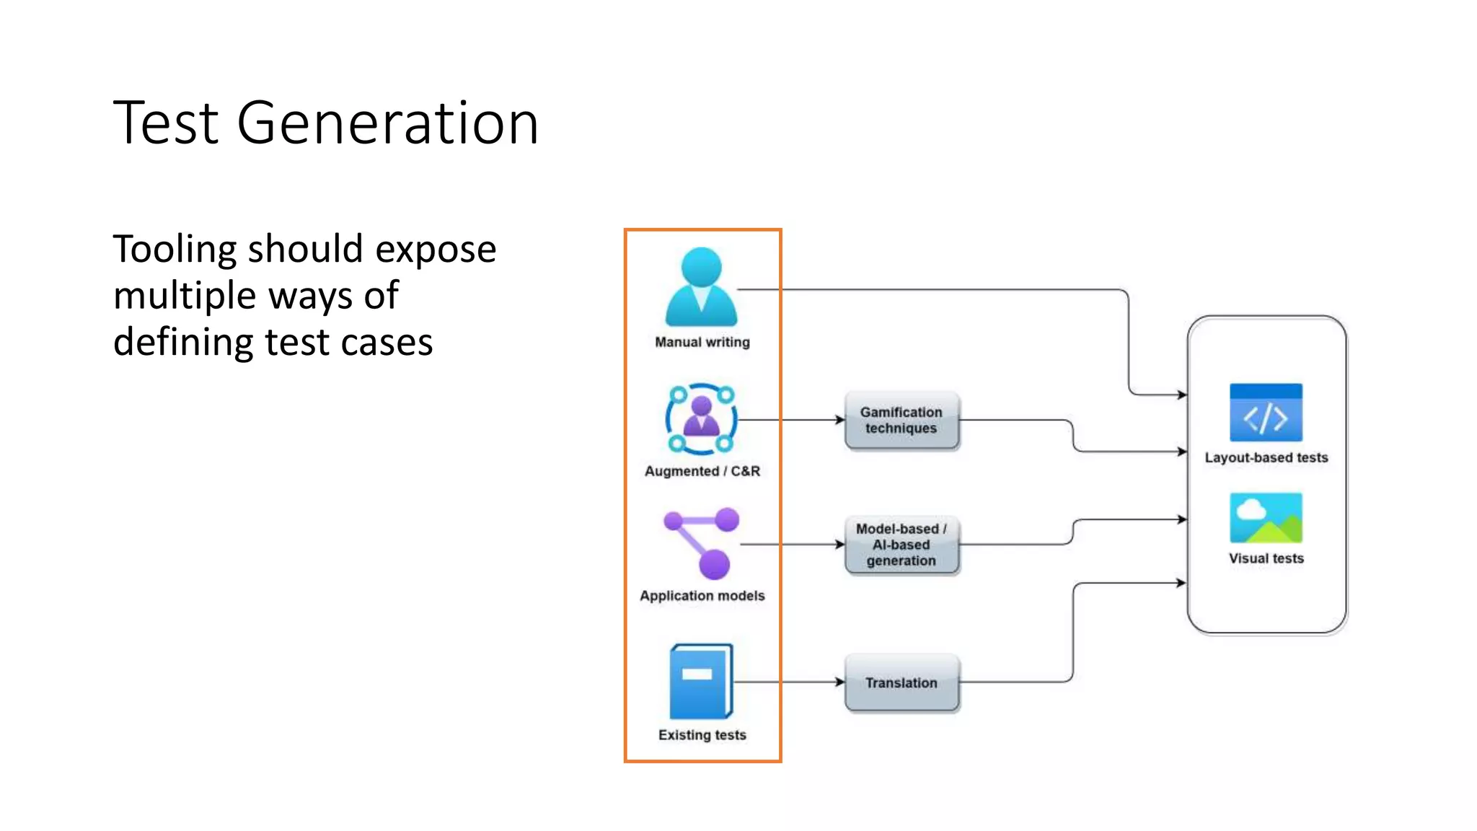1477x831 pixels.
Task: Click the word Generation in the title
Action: (387, 124)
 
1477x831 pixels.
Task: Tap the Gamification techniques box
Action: (901, 421)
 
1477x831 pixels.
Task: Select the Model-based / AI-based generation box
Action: (901, 545)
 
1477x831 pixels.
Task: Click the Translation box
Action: (901, 682)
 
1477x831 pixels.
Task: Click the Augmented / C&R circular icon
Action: (701, 419)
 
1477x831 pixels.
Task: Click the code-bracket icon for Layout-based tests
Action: (1266, 413)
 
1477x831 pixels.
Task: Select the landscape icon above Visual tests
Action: (1266, 518)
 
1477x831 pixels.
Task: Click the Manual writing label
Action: (702, 342)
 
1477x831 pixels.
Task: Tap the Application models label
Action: (702, 596)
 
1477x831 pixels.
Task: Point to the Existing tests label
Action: (702, 735)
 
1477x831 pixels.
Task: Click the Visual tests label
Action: (1266, 558)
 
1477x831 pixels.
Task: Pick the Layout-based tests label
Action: (1266, 457)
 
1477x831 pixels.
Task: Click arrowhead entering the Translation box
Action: (840, 682)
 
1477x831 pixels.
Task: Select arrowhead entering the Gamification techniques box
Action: (840, 420)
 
